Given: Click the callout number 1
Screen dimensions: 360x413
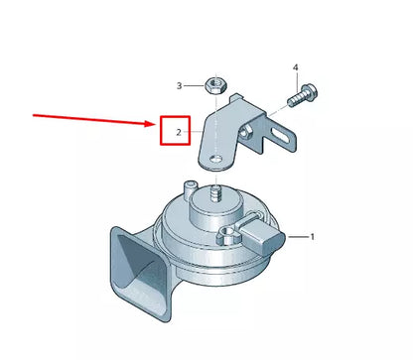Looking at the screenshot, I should (x=312, y=237).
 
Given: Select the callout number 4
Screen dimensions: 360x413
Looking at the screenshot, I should (x=295, y=67).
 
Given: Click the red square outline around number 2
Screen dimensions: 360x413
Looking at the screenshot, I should (x=175, y=131).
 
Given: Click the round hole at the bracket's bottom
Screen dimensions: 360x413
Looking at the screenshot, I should (x=212, y=155).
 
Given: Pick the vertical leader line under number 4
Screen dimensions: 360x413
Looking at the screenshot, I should (x=295, y=83).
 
